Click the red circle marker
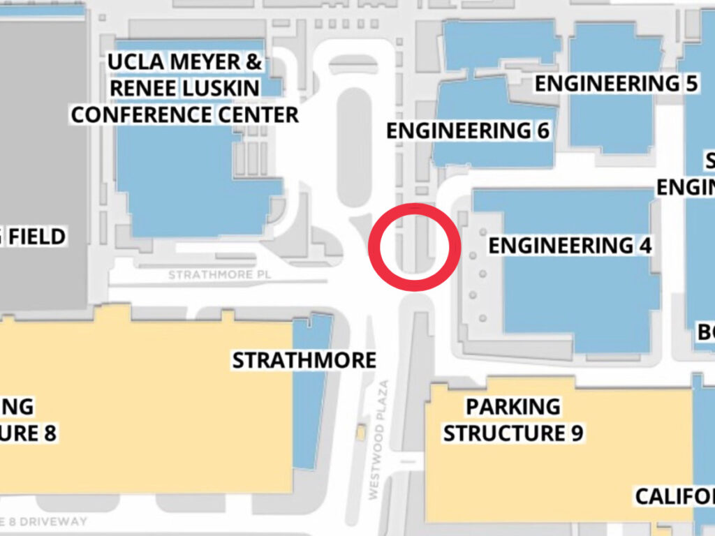pos(414,247)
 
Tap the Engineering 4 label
pos(570,246)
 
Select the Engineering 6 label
pos(468,131)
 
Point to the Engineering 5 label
pos(616,84)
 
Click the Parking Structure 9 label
pos(513,419)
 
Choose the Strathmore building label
pos(304,360)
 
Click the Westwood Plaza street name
pos(378,440)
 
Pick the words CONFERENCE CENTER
pos(184,114)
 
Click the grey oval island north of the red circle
pos(356,147)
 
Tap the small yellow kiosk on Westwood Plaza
pos(360,433)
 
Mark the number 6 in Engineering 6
pos(542,131)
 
